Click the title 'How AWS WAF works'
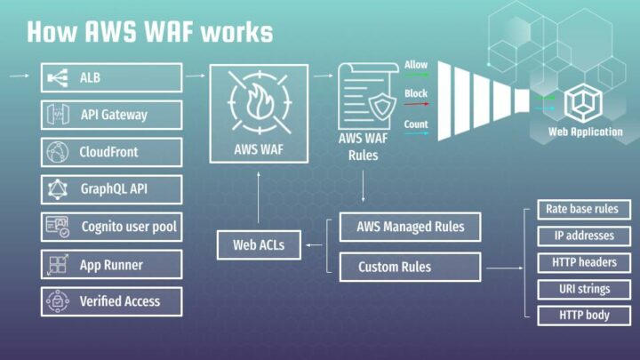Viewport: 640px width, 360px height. (x=149, y=32)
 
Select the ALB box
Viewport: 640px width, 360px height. (x=111, y=78)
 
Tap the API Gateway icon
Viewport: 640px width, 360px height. (x=57, y=115)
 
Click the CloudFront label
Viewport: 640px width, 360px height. (x=108, y=152)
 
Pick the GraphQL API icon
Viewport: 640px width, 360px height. (x=57, y=189)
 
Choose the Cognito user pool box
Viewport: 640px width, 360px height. (x=111, y=227)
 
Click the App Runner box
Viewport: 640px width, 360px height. (x=111, y=264)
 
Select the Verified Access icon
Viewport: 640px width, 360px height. (x=57, y=301)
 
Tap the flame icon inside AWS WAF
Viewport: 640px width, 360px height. (x=259, y=100)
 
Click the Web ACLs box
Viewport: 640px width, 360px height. (x=259, y=244)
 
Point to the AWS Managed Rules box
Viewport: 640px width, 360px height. (x=410, y=227)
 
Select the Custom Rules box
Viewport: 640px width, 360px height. (x=410, y=267)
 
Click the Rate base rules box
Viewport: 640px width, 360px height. (x=584, y=211)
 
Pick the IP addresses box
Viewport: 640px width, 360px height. (x=584, y=236)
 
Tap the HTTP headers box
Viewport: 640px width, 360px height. (x=584, y=262)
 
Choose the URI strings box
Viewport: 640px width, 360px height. (x=584, y=289)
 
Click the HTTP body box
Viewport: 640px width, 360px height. (x=584, y=315)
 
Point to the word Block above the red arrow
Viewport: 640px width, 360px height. (x=416, y=94)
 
